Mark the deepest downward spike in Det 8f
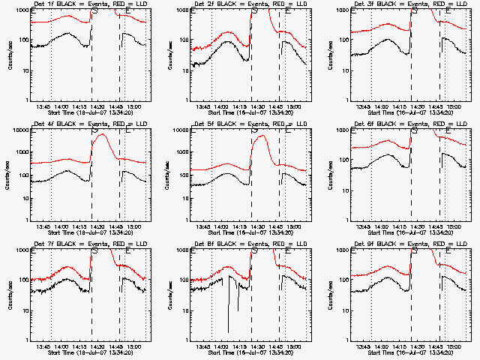pos(228,331)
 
